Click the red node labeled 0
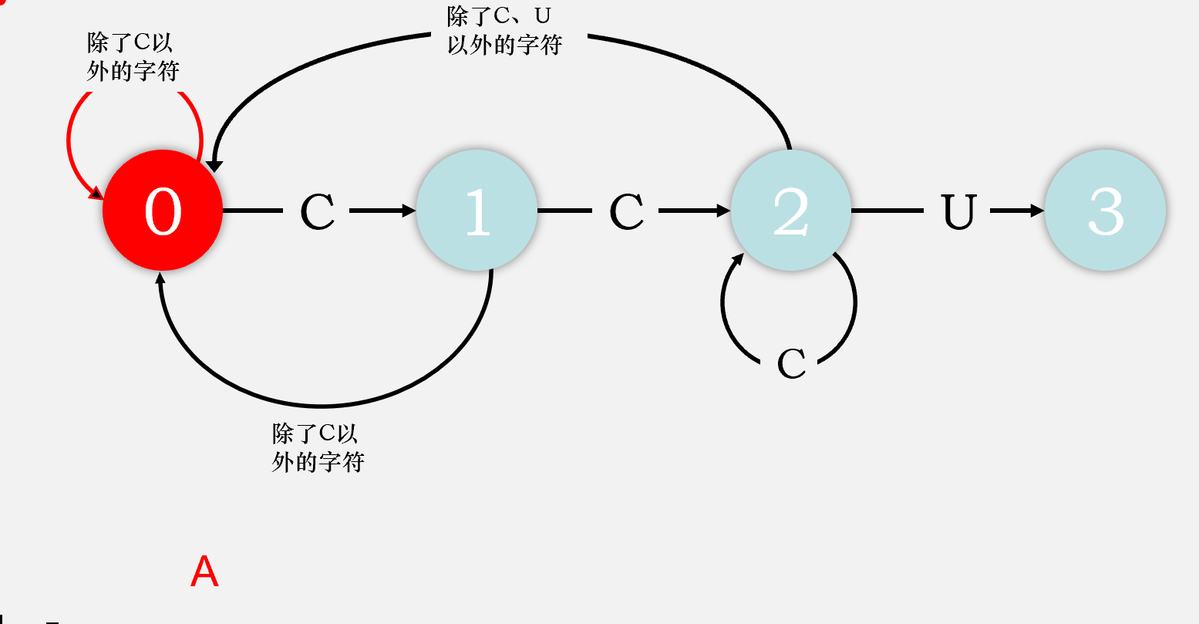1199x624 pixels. (x=163, y=210)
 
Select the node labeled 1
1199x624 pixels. (x=477, y=210)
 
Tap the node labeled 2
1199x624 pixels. (x=791, y=210)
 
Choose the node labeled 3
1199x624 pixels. (x=1105, y=210)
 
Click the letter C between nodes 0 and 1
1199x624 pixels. (x=317, y=211)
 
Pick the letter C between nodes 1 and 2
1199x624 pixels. (x=626, y=211)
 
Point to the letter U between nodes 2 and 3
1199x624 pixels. (x=959, y=211)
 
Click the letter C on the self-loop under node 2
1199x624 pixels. (x=791, y=364)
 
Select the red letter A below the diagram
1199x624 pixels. (x=204, y=572)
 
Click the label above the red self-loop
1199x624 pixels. (x=133, y=57)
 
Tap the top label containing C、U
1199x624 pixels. (x=504, y=31)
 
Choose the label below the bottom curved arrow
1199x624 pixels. (x=318, y=447)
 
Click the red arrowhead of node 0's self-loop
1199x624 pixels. (x=96, y=192)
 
